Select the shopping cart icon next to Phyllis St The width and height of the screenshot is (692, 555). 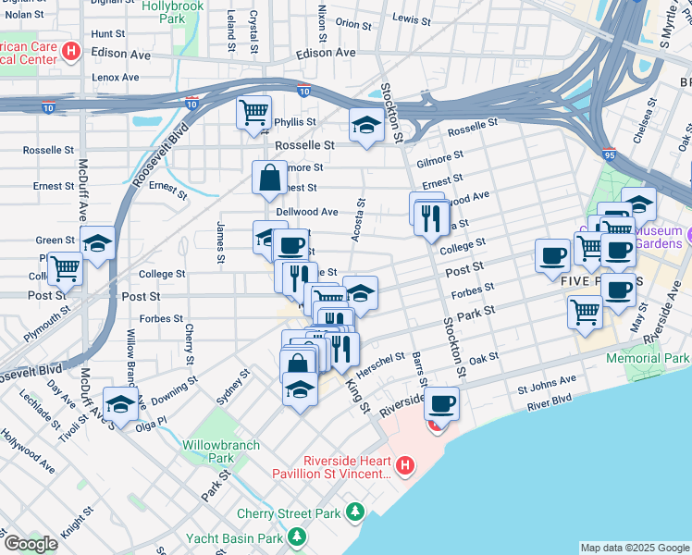click(253, 114)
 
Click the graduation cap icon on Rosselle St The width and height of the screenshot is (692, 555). click(366, 126)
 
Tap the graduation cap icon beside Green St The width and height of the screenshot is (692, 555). click(97, 244)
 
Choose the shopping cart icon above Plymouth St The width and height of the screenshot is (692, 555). click(65, 269)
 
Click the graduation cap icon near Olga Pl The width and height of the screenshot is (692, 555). click(121, 403)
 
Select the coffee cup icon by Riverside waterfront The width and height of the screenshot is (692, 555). click(442, 403)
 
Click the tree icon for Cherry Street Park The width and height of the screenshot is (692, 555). click(354, 512)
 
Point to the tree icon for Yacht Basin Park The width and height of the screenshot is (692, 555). click(296, 537)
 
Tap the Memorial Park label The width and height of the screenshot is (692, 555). click(648, 358)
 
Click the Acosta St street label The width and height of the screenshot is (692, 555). click(356, 221)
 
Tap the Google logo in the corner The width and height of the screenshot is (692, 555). click(30, 544)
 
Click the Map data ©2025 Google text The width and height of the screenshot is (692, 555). click(634, 548)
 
